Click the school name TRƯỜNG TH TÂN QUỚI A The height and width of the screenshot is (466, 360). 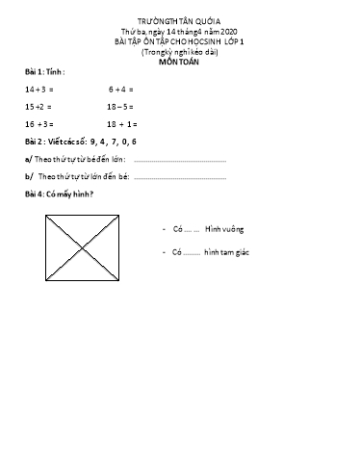(179, 20)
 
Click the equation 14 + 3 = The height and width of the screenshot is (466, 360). (39, 89)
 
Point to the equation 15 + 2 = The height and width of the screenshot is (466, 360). (39, 106)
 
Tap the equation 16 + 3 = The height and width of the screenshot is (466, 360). (39, 124)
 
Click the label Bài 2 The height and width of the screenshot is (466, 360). (36, 142)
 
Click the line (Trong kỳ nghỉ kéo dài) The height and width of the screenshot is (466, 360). (179, 49)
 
